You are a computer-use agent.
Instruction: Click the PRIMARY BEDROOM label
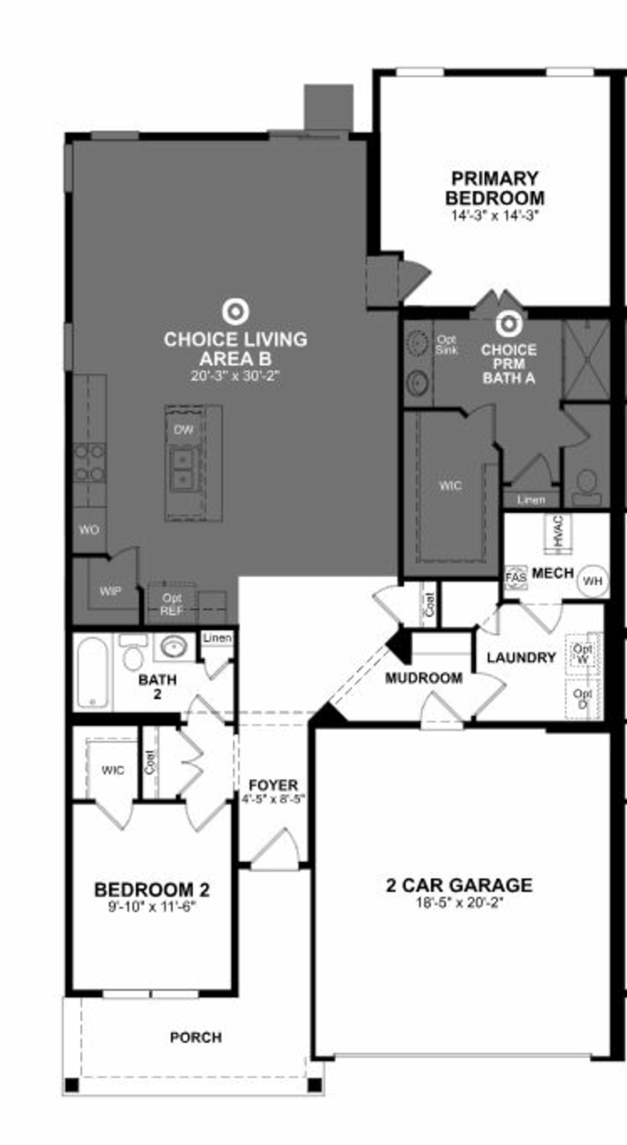click(495, 188)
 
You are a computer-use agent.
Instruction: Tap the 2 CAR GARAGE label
click(459, 885)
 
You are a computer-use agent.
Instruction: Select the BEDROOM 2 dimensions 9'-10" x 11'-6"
click(152, 906)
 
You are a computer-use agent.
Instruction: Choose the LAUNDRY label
click(521, 657)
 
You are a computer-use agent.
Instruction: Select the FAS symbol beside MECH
click(516, 577)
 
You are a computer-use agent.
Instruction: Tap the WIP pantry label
click(110, 591)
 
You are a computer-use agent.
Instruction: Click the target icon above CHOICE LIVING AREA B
click(235, 311)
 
